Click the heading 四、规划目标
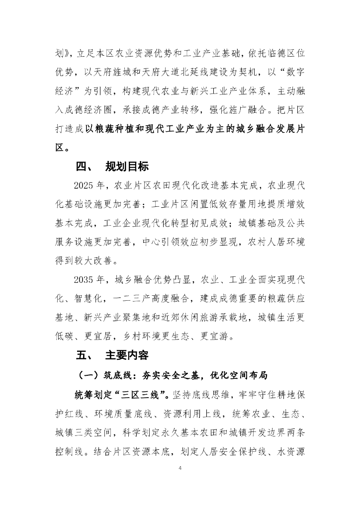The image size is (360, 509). pyautogui.click(x=112, y=167)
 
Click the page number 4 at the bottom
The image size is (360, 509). pyautogui.click(x=180, y=469)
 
